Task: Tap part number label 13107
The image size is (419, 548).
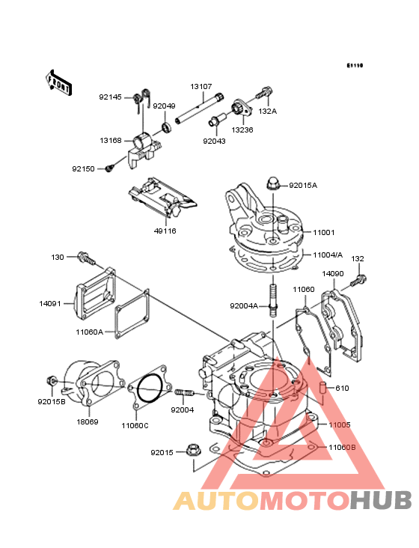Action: click(201, 86)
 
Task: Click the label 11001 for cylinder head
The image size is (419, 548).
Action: click(324, 232)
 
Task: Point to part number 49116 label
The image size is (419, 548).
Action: click(165, 231)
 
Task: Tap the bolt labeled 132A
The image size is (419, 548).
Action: click(263, 93)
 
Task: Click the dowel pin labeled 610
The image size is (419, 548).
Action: click(323, 389)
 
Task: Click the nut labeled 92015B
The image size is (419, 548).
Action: click(52, 380)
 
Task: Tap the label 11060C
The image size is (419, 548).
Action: click(135, 426)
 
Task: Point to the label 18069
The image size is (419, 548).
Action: click(88, 421)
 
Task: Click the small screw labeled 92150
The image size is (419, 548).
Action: click(110, 168)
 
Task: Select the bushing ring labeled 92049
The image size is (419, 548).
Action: click(167, 127)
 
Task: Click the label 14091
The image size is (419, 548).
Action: click(50, 304)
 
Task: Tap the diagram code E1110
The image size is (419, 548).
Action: click(355, 65)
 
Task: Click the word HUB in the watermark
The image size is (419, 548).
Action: click(381, 500)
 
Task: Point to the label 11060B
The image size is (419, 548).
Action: click(342, 448)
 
